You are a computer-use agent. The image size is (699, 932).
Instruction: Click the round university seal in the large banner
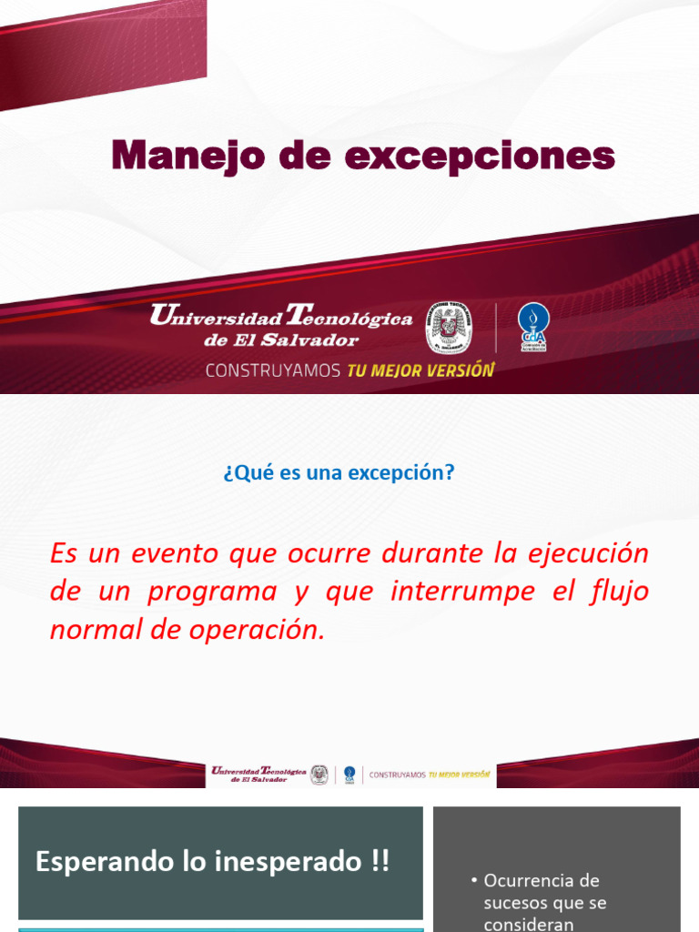[x=449, y=328]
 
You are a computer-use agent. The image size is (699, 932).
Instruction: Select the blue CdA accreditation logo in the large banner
[x=532, y=327]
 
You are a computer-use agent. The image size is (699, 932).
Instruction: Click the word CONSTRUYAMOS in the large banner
[x=273, y=370]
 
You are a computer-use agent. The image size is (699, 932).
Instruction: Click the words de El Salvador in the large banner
[x=281, y=340]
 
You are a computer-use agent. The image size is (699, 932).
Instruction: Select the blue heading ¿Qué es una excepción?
[x=338, y=473]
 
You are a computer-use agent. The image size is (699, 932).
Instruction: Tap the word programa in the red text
[x=212, y=592]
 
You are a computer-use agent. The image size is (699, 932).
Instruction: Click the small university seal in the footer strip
[x=319, y=775]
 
